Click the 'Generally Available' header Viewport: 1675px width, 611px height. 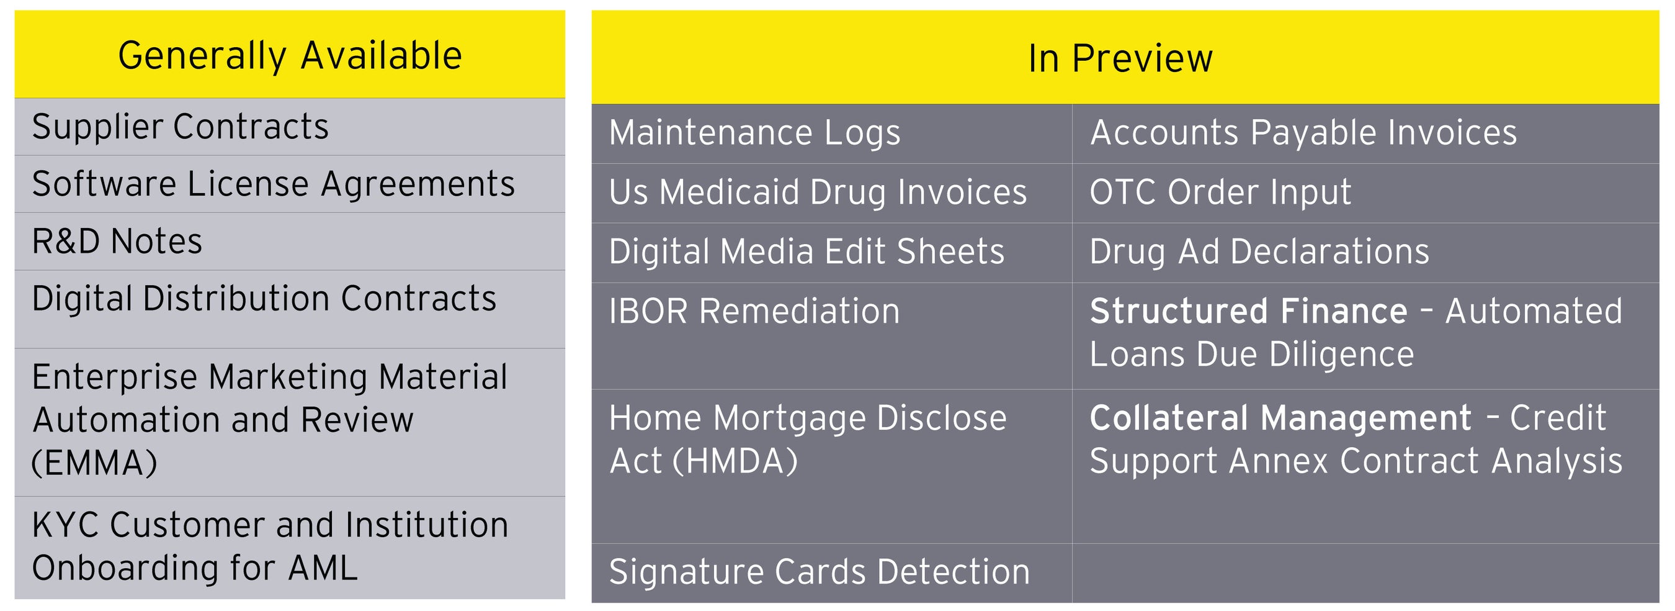point(289,55)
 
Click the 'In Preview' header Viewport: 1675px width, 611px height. point(1120,58)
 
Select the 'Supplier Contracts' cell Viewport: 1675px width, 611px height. point(180,127)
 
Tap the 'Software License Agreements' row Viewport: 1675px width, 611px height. point(273,184)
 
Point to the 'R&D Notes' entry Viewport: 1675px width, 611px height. point(117,242)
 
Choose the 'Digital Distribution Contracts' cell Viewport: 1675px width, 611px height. point(263,299)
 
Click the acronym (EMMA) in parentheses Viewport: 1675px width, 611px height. point(94,463)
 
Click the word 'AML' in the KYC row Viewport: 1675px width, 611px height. point(323,568)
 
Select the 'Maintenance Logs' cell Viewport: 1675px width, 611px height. point(754,134)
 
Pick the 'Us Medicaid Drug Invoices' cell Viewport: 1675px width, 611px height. point(818,192)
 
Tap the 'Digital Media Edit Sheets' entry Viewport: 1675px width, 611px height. point(806,252)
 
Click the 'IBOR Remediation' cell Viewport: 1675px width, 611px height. point(754,312)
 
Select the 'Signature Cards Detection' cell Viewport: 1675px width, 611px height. point(820,573)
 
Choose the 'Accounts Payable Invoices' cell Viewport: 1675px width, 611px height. point(1303,134)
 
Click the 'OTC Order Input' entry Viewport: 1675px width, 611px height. point(1220,192)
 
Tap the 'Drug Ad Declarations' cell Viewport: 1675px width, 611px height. point(1259,252)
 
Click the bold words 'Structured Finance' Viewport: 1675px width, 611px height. point(1248,312)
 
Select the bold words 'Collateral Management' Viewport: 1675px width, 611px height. point(1280,419)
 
